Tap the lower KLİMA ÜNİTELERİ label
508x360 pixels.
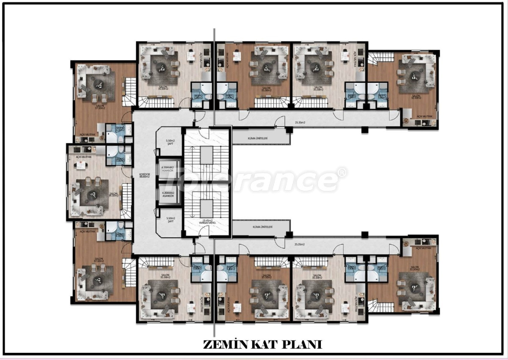(262, 227)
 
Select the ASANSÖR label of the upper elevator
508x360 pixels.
(168, 171)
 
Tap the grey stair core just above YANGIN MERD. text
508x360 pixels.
(207, 208)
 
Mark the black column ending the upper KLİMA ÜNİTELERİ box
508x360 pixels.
(289, 130)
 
